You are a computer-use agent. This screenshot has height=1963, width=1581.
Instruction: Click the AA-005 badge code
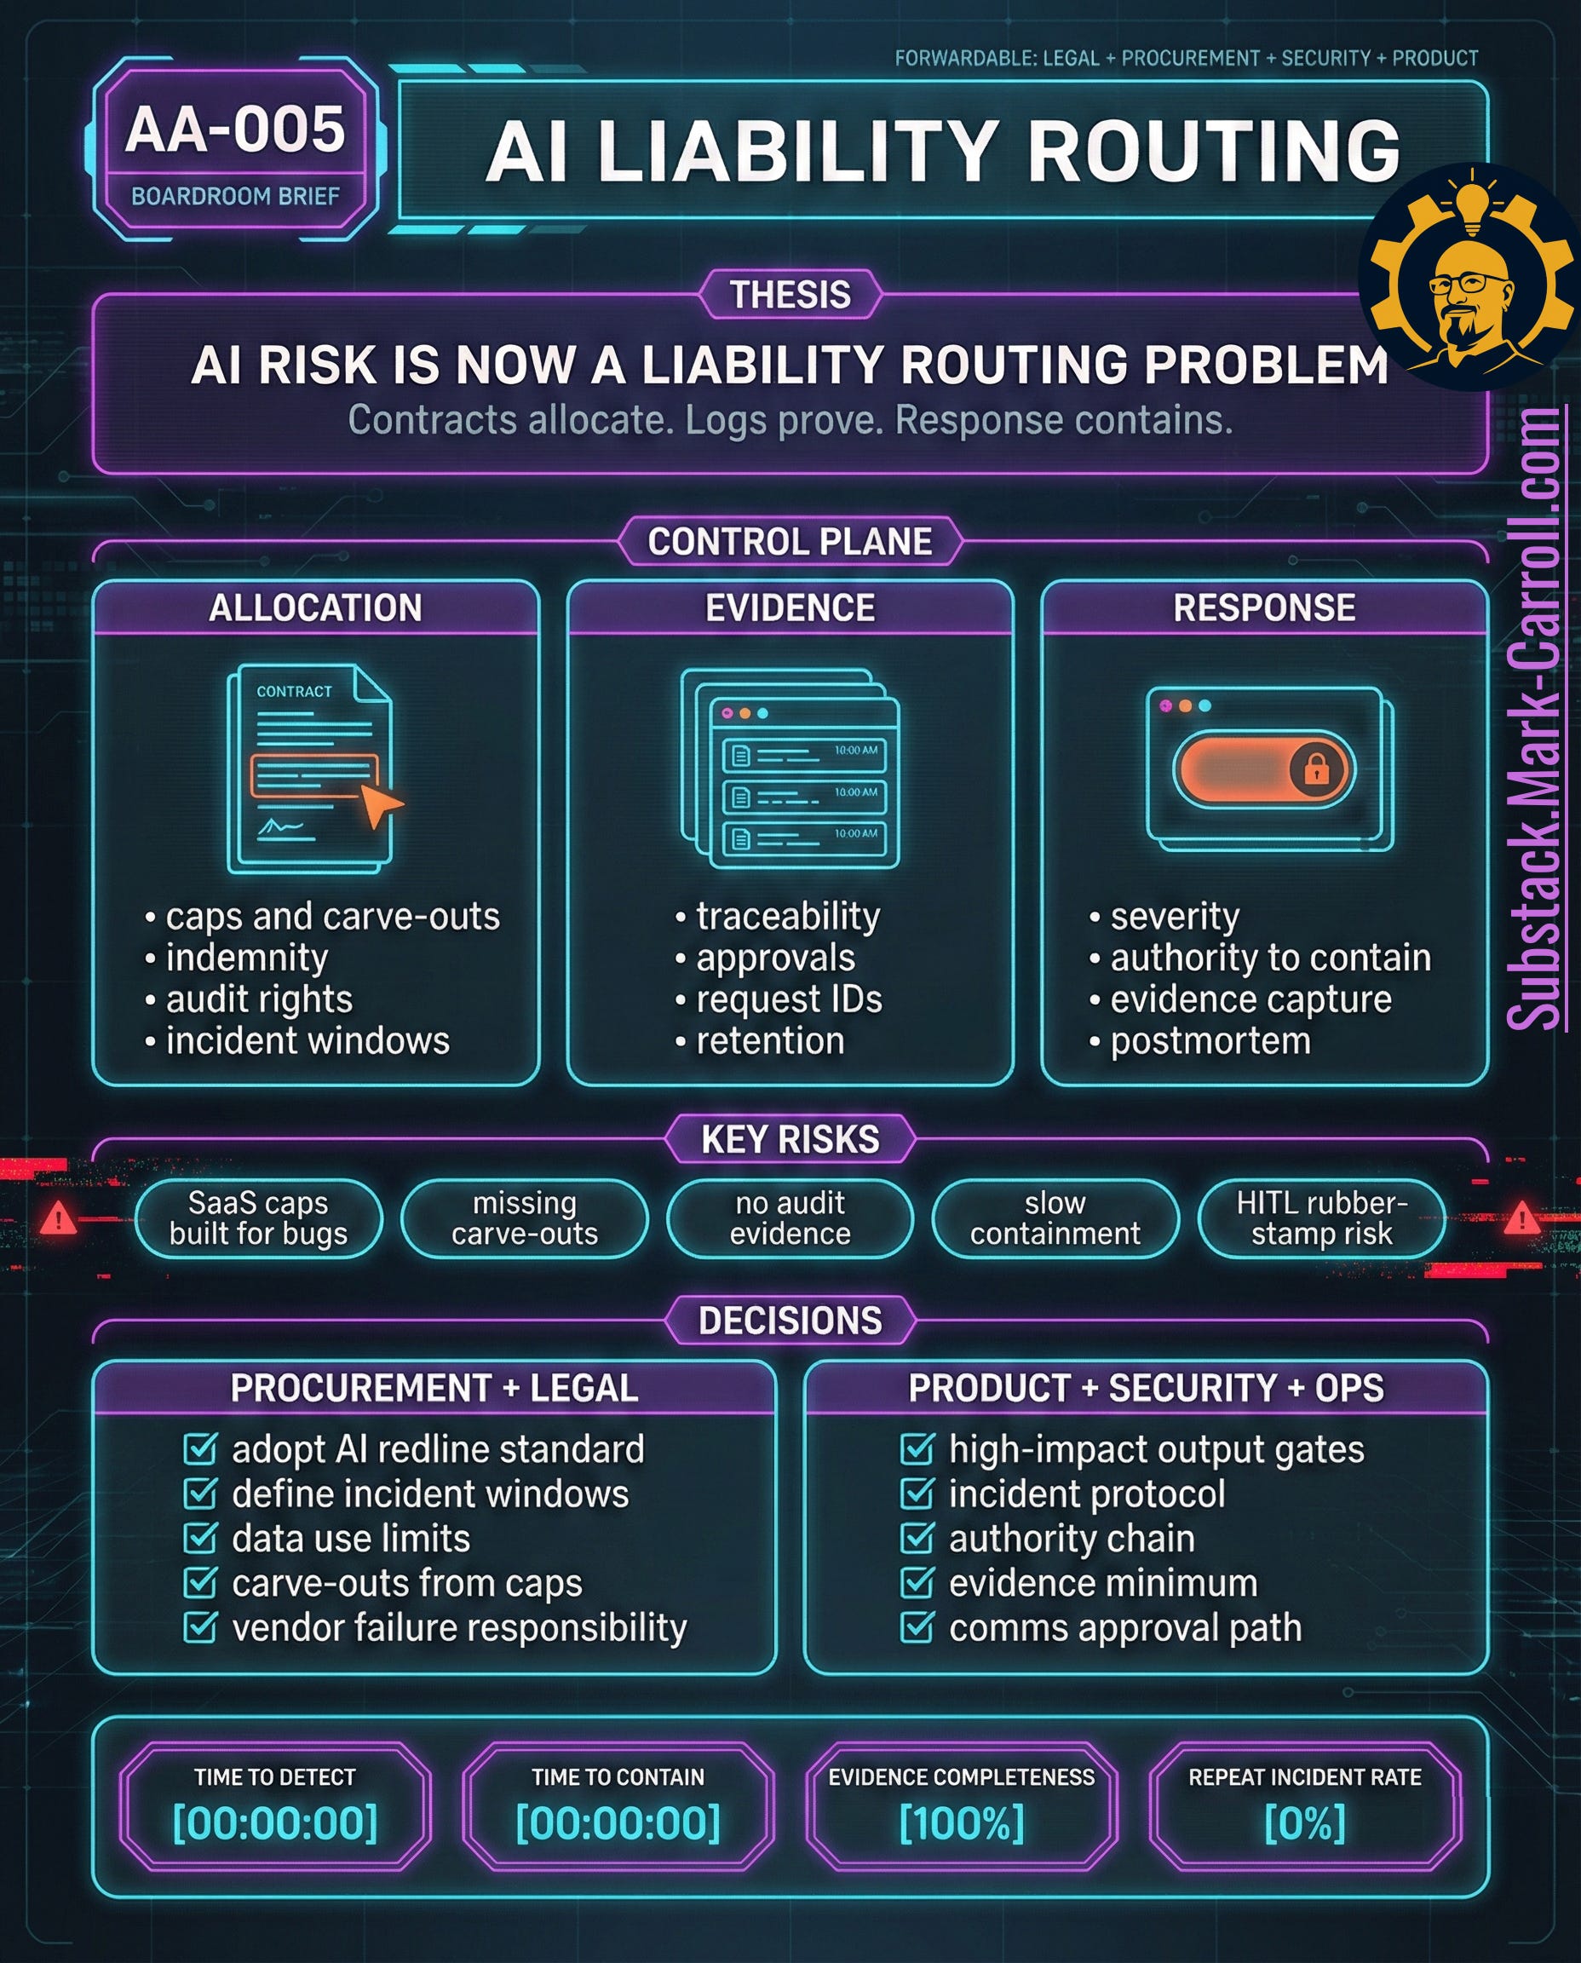(235, 130)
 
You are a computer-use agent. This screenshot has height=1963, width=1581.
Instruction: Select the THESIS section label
(790, 294)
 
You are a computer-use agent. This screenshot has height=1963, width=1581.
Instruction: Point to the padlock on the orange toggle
(1316, 769)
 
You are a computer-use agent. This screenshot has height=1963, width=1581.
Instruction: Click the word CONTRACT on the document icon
(294, 691)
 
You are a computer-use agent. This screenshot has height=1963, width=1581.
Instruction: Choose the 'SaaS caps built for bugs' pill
(258, 1218)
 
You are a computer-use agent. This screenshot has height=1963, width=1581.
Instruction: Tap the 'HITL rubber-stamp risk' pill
(1321, 1218)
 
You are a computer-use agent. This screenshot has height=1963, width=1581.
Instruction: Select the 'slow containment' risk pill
(1055, 1218)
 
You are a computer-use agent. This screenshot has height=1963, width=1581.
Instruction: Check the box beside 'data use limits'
(199, 1539)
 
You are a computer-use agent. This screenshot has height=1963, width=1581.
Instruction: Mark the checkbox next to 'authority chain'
(917, 1539)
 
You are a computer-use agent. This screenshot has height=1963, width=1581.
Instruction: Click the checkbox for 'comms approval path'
(917, 1628)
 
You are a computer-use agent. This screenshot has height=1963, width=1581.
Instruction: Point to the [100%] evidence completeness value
(961, 1822)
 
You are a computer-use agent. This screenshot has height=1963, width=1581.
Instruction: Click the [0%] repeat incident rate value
(1304, 1822)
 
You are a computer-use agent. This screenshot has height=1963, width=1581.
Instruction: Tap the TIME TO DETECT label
(274, 1776)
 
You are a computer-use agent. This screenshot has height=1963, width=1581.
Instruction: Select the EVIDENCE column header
(790, 607)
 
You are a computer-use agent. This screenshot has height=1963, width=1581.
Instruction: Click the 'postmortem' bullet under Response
(1210, 1040)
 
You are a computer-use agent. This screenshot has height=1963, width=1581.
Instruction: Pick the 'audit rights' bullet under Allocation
(259, 999)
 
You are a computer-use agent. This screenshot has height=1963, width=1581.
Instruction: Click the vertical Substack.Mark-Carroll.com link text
(1538, 720)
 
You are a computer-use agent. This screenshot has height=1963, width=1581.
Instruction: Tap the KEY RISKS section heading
(790, 1138)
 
